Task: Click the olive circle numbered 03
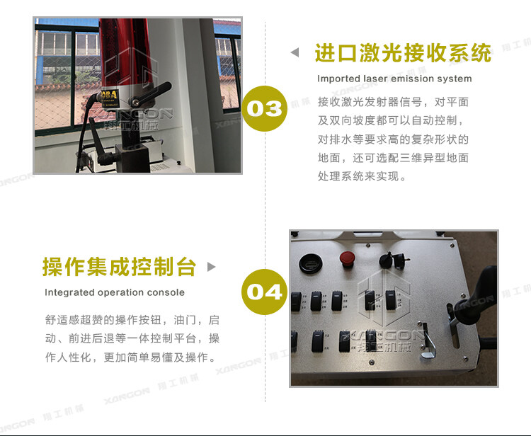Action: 265,108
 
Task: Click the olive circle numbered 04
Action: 265,291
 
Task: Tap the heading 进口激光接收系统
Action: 402,53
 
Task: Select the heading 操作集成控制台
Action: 119,267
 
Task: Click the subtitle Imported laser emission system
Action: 394,79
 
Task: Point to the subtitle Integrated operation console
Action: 115,292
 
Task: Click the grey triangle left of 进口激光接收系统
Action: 295,53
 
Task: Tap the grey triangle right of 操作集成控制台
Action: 211,267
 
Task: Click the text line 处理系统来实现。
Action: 362,176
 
